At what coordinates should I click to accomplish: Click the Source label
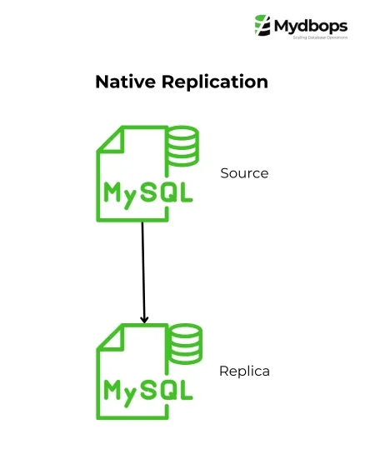coord(244,173)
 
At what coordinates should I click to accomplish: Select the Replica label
coord(244,371)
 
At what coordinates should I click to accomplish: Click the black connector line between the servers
coord(143,267)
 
